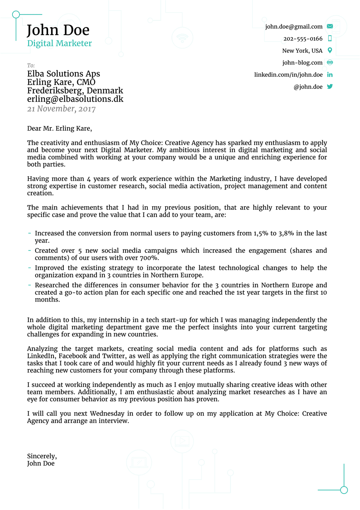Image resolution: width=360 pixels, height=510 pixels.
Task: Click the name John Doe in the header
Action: (x=58, y=30)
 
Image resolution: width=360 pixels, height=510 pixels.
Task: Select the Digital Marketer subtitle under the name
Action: (x=59, y=43)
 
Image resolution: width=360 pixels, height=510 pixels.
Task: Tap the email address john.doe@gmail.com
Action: (x=293, y=27)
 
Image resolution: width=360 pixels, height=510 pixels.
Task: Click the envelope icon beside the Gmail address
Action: (x=330, y=26)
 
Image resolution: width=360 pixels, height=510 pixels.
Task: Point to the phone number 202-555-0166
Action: (x=302, y=39)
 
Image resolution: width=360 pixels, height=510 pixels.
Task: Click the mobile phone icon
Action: (x=330, y=38)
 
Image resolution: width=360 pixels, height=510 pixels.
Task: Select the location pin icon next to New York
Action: (x=330, y=50)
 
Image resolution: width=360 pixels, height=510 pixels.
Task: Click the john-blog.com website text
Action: (x=302, y=63)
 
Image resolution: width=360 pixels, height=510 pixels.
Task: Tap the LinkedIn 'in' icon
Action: (x=330, y=75)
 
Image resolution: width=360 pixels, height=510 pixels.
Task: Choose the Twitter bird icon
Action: (x=330, y=87)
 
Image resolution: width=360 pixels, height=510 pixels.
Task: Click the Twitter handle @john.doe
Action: (x=308, y=87)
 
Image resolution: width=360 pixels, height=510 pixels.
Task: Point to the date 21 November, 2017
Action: (x=61, y=109)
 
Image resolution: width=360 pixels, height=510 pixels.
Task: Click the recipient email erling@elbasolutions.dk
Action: (x=75, y=99)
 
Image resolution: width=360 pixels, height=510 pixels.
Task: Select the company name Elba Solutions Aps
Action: (x=63, y=74)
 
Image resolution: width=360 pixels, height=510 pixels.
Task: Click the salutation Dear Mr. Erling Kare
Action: (x=59, y=128)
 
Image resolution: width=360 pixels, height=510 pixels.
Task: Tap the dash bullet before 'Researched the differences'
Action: (x=29, y=285)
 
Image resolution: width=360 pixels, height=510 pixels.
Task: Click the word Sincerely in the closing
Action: (x=41, y=456)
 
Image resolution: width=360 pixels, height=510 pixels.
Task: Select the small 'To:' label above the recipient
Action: (x=31, y=66)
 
